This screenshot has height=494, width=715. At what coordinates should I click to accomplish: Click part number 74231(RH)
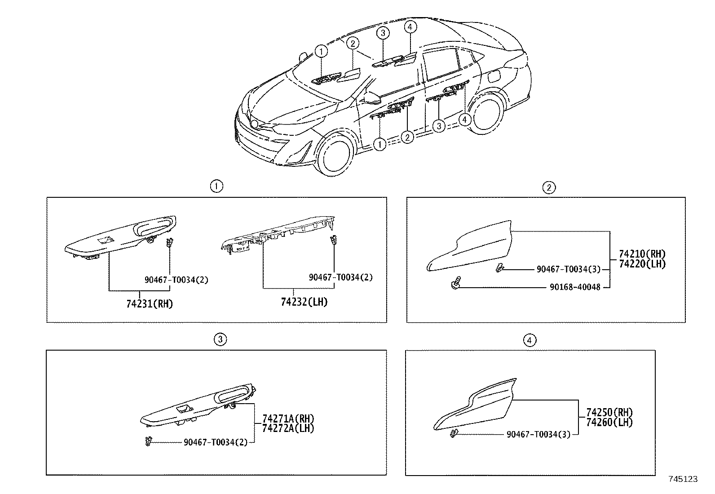click(x=149, y=303)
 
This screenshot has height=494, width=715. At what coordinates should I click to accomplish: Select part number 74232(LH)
click(x=304, y=302)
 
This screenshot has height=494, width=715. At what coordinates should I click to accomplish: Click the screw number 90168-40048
click(x=574, y=287)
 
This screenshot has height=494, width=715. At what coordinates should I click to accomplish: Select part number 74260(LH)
click(x=609, y=422)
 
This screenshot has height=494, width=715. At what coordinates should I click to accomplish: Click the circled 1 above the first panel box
click(x=216, y=186)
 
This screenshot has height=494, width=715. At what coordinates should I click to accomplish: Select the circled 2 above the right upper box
click(x=549, y=187)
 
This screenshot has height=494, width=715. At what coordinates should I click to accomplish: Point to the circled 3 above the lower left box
click(x=220, y=339)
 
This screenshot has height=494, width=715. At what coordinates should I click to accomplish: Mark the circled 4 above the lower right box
click(x=530, y=340)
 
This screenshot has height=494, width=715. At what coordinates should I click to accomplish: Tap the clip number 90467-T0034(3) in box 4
click(x=538, y=434)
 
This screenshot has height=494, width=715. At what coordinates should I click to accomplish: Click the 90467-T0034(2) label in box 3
click(x=215, y=442)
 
